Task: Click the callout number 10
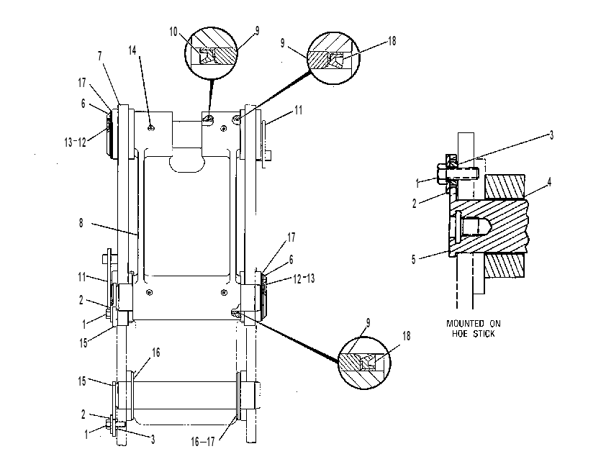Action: tap(173, 32)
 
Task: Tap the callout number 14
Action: tap(132, 50)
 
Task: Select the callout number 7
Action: tap(100, 56)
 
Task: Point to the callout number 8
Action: tap(81, 223)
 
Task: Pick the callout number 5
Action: tap(414, 260)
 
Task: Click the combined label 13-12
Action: tap(75, 142)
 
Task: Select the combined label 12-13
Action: tap(304, 278)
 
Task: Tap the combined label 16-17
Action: tap(202, 442)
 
